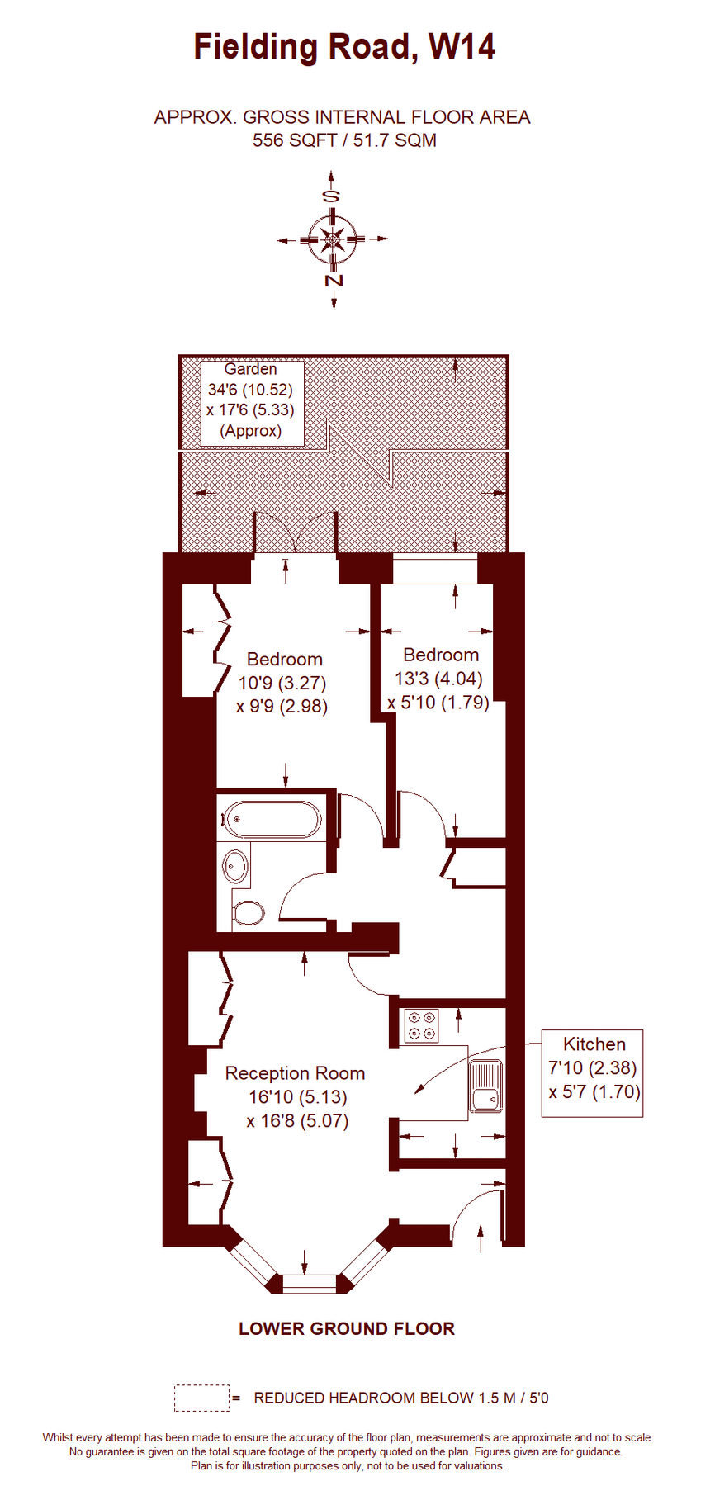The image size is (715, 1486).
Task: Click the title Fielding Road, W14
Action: (x=344, y=47)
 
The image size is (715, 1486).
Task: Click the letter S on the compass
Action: (x=331, y=196)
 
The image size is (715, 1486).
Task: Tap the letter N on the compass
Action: (x=334, y=281)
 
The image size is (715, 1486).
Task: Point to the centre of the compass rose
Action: (x=333, y=239)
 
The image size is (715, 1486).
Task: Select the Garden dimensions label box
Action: (x=252, y=404)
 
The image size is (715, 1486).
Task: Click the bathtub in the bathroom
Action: (x=271, y=820)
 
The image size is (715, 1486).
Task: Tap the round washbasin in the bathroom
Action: (x=236, y=867)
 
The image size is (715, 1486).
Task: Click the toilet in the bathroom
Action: (x=249, y=913)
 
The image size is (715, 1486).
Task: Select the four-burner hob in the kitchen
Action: (x=421, y=1026)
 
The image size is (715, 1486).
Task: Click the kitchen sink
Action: (x=485, y=1086)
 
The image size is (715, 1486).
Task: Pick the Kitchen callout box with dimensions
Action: (x=592, y=1073)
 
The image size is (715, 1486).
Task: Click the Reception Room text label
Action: (x=295, y=1073)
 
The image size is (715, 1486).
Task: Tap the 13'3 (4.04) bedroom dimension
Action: (x=439, y=679)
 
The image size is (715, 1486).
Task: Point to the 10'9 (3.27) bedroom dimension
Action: (x=282, y=683)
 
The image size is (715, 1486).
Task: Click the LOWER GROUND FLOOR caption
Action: (x=347, y=1328)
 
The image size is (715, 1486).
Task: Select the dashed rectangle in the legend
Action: (x=201, y=1398)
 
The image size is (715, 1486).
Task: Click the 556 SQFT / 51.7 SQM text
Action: (x=344, y=140)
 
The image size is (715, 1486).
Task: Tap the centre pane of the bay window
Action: (x=310, y=1284)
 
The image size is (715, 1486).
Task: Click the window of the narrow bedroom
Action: (x=435, y=570)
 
